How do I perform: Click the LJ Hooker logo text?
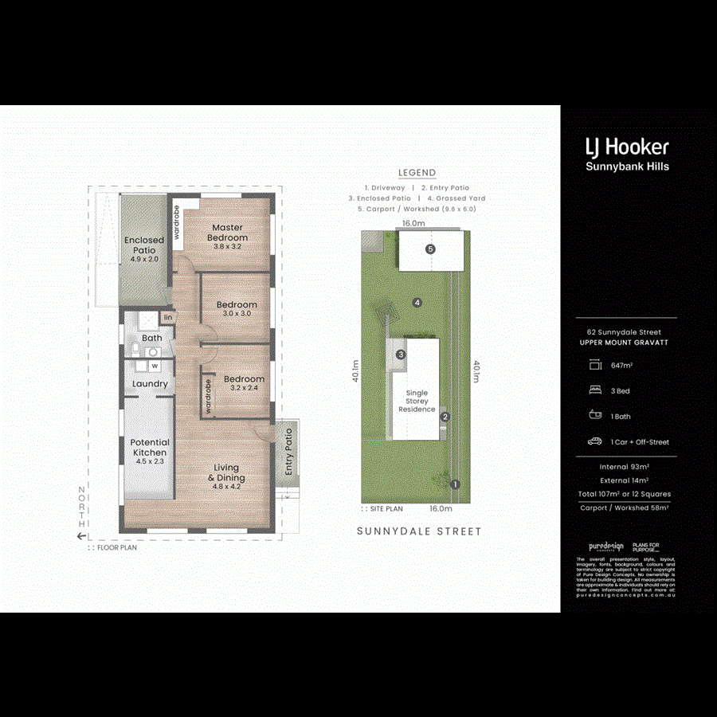(x=627, y=147)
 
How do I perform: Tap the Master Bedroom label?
(x=227, y=232)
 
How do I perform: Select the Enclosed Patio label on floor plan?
(x=144, y=245)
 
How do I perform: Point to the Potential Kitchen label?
(x=150, y=448)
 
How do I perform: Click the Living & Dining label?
(x=226, y=472)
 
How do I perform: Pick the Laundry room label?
(x=150, y=384)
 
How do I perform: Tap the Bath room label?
(x=151, y=339)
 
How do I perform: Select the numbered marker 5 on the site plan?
(x=431, y=249)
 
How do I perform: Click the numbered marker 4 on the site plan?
(x=417, y=302)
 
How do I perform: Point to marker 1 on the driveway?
(x=456, y=484)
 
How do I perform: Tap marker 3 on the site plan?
(x=402, y=355)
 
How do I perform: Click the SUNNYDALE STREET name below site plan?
(x=419, y=531)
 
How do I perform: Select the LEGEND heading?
(x=417, y=173)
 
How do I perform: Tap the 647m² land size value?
(x=621, y=366)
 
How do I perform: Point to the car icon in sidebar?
(x=594, y=441)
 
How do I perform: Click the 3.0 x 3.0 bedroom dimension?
(x=237, y=314)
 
